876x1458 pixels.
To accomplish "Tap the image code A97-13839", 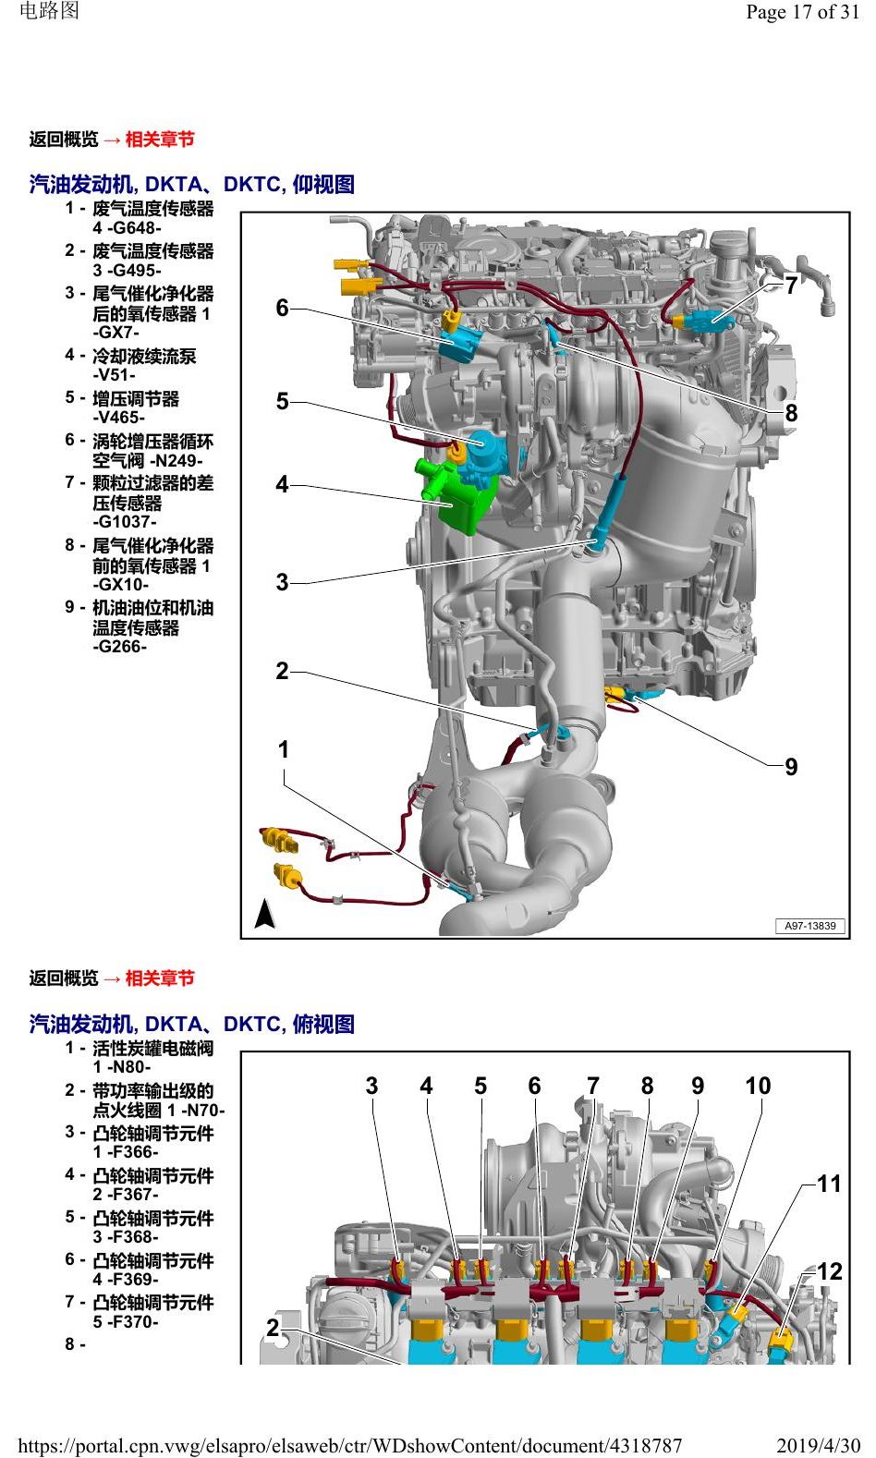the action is click(x=809, y=926).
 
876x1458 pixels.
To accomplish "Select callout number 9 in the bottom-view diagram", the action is click(x=791, y=767).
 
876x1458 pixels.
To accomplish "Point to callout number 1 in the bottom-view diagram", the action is click(x=283, y=749).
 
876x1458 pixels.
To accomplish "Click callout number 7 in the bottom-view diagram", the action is click(x=791, y=286).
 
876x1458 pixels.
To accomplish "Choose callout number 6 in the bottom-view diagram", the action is click(x=282, y=308).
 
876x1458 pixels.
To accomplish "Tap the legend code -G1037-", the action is click(x=125, y=522).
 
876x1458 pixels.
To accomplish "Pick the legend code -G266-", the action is click(x=120, y=647).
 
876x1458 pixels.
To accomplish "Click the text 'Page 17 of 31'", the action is click(x=802, y=12).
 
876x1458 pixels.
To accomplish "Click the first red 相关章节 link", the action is click(x=160, y=140).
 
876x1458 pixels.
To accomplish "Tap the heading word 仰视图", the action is click(x=323, y=185).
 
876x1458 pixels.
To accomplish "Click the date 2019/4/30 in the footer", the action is click(x=818, y=1446).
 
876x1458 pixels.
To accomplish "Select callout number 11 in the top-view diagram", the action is click(x=829, y=1184).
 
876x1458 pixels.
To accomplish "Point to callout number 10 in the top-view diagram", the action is click(x=758, y=1086).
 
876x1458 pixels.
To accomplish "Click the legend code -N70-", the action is click(x=202, y=1112).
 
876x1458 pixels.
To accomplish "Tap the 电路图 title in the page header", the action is click(x=50, y=10).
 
